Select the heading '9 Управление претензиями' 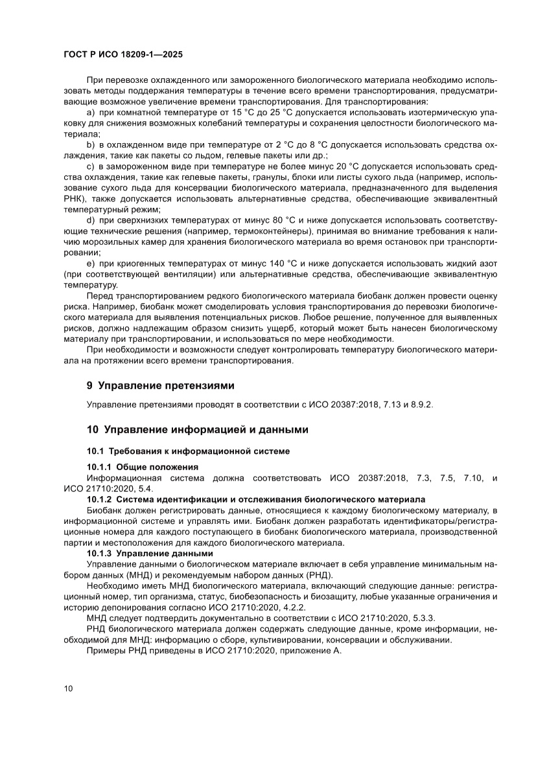160,385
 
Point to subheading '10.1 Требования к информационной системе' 188,451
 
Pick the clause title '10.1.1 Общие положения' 142,467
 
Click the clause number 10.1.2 100,499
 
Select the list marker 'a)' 91,113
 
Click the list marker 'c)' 91,167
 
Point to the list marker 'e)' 91,264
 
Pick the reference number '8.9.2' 421,405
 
